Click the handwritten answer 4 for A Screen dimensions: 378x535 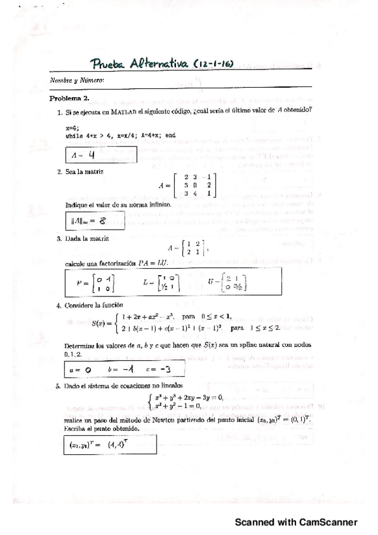click(91, 154)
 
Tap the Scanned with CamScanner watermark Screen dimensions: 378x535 click(296, 522)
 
